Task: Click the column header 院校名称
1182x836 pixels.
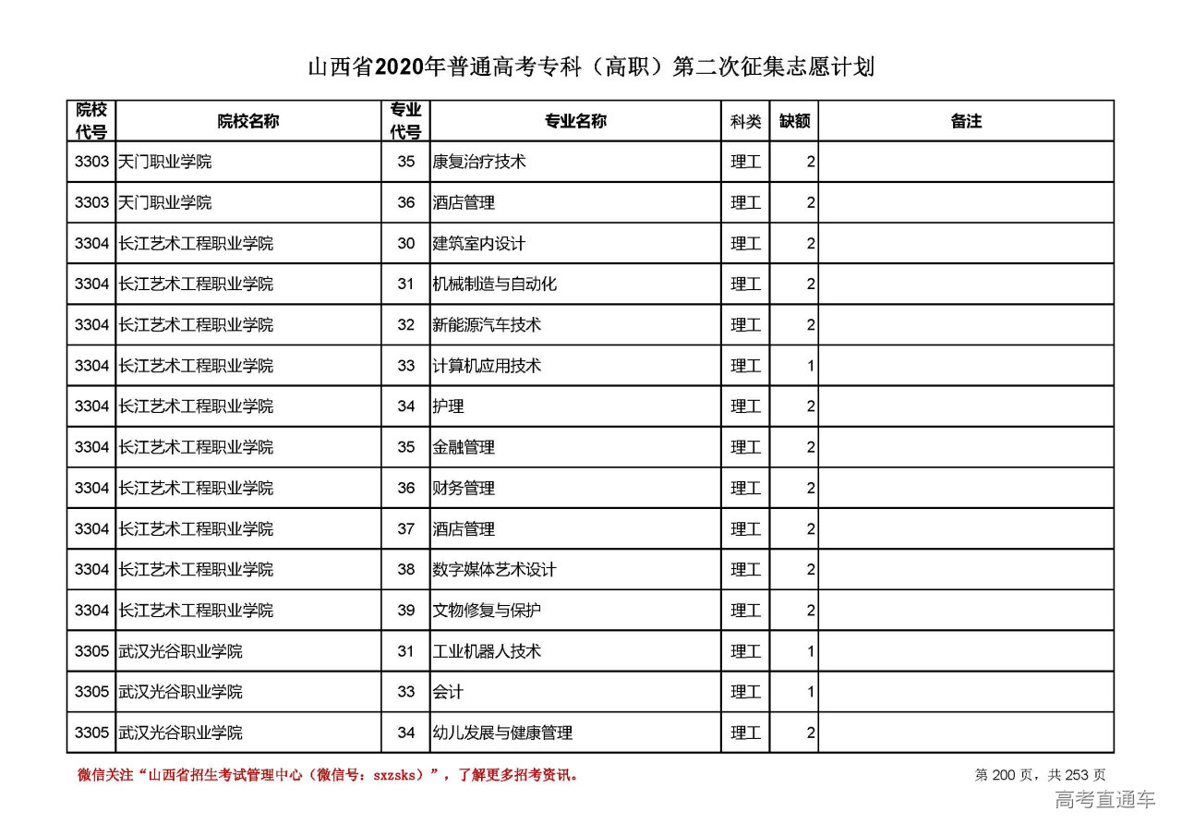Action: pyautogui.click(x=248, y=121)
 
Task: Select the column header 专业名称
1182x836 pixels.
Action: pyautogui.click(x=574, y=121)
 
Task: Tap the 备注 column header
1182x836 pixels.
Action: pyautogui.click(x=966, y=121)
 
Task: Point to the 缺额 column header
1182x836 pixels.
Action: pyautogui.click(x=794, y=121)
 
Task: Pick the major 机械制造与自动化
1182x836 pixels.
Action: pyautogui.click(x=495, y=285)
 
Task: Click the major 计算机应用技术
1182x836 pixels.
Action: pyautogui.click(x=487, y=366)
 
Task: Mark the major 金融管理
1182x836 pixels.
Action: pyautogui.click(x=464, y=447)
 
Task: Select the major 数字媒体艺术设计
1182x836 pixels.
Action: pyautogui.click(x=495, y=570)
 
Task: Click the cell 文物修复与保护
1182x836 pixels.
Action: pyautogui.click(x=487, y=611)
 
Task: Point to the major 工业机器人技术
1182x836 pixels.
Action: pyautogui.click(x=487, y=651)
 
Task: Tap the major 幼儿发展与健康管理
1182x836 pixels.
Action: pyautogui.click(x=502, y=733)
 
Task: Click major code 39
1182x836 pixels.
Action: pyautogui.click(x=406, y=611)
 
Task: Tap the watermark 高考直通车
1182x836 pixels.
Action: pyautogui.click(x=1105, y=800)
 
